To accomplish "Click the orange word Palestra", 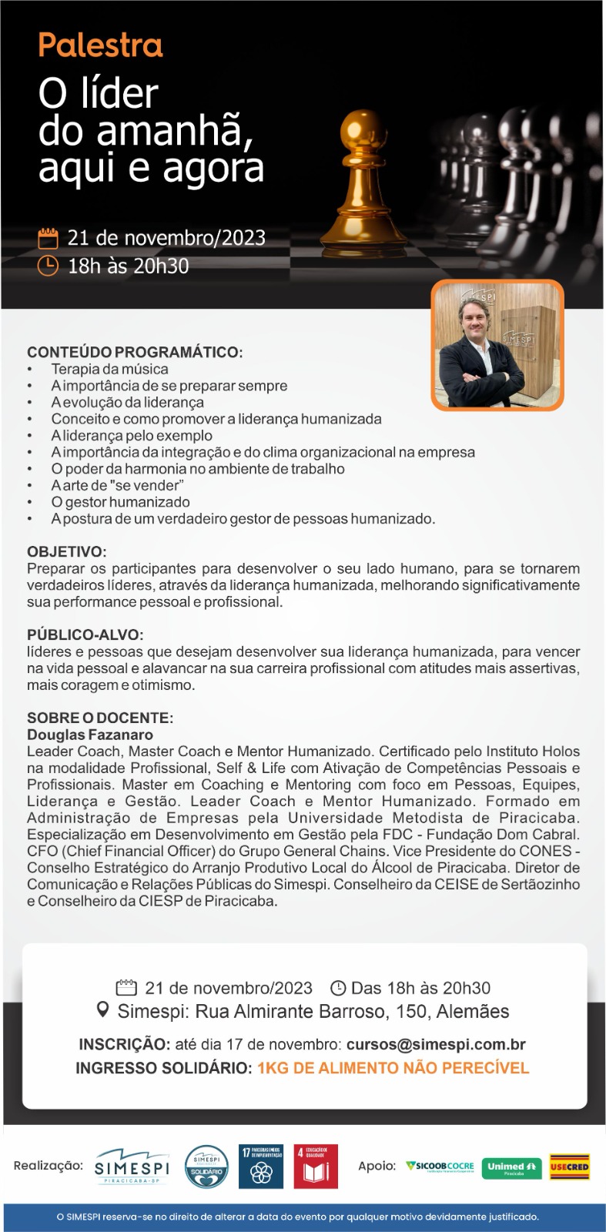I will (x=100, y=46).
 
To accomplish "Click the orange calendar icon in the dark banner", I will (x=49, y=238).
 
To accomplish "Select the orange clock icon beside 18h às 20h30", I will (x=49, y=266).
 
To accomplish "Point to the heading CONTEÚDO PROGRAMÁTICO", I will (x=135, y=353).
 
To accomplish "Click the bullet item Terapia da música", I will (x=109, y=370).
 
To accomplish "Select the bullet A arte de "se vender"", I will (x=117, y=486).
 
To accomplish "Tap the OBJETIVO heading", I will (x=67, y=552).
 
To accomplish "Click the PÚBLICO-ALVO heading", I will (x=85, y=635).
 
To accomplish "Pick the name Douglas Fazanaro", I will (x=90, y=735).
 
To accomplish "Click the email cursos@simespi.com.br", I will (x=436, y=1045).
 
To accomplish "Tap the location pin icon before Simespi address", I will (x=102, y=1010).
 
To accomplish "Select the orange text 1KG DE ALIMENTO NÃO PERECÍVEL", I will (x=393, y=1068).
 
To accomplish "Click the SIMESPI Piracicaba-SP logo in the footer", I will (x=132, y=1167).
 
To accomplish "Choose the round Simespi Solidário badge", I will (x=206, y=1167).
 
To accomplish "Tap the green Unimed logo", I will (x=511, y=1167).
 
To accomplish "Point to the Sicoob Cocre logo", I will (x=440, y=1167).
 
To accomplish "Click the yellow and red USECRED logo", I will (x=569, y=1167).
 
